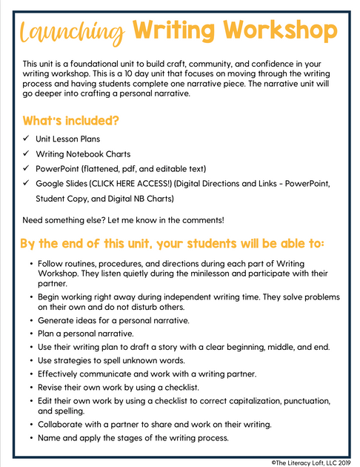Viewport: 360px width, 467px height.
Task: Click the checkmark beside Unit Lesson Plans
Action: (26, 139)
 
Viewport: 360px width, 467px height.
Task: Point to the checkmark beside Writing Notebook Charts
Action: (26, 153)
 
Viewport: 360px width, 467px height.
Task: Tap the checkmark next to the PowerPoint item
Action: (26, 168)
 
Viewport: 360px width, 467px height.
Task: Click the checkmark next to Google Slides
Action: (26, 183)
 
